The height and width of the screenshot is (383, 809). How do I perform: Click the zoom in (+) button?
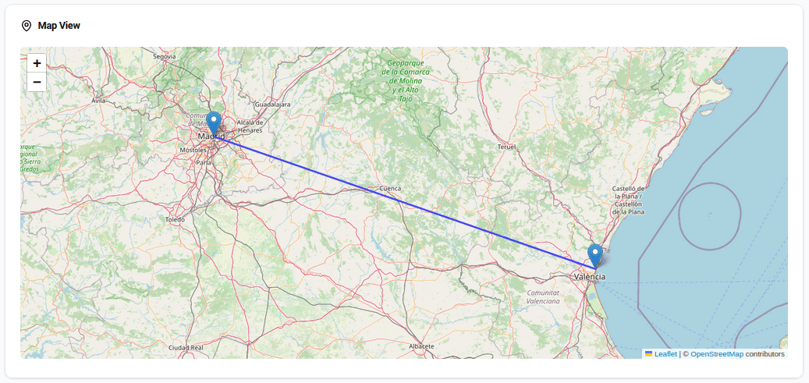pos(37,63)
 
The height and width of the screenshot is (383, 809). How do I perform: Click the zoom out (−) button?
pos(37,83)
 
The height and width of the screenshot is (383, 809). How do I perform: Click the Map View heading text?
pos(59,26)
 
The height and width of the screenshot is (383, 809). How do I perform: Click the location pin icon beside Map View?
pos(27,26)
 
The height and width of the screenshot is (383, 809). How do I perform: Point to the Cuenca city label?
pos(389,188)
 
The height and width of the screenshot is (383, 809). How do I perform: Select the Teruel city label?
pos(506,147)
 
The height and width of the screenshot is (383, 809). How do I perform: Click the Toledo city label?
pos(175,220)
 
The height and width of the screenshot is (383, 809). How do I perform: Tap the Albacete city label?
pos(420,345)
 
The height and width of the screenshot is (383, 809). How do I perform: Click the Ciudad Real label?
pos(186,347)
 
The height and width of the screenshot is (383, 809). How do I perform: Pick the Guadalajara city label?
pos(273,104)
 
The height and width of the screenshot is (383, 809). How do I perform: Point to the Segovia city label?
pos(164,56)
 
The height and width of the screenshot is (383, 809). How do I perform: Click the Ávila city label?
pos(98,101)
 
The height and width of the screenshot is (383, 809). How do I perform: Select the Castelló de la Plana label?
pos(628,200)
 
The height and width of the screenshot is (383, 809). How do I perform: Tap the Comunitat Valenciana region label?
pos(543,296)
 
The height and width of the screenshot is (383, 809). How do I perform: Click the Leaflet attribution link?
pos(665,354)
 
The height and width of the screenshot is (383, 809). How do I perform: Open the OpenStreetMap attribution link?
pos(716,354)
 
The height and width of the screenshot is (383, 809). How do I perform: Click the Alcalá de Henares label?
pos(250,126)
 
